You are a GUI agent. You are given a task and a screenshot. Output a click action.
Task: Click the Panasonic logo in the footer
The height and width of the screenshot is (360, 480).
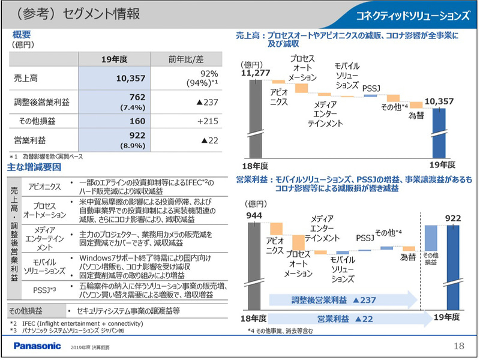pos(37,346)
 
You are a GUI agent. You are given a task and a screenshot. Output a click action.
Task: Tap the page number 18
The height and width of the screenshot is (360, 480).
pos(459,346)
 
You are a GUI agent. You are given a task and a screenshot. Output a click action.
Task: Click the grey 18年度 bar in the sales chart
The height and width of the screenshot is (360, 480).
pos(255,117)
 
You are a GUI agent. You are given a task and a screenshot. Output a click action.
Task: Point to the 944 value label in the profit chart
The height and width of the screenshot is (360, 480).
pos(255,215)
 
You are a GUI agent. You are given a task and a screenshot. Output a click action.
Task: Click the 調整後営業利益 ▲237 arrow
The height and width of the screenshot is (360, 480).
pos(342,299)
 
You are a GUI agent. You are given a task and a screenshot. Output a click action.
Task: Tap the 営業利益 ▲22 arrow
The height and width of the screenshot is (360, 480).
pos(342,318)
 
